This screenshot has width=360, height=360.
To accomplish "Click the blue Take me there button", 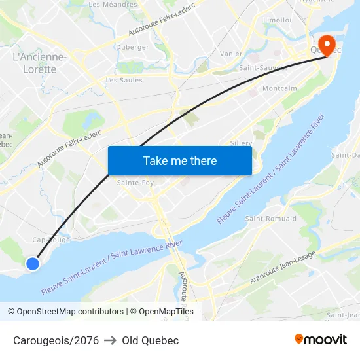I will (x=179, y=160).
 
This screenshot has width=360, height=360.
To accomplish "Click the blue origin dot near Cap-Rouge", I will (x=33, y=263).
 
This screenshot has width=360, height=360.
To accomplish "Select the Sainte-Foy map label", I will (x=135, y=183).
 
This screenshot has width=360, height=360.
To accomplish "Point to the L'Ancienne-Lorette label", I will (x=39, y=63).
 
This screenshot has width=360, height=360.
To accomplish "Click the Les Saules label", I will (x=124, y=81).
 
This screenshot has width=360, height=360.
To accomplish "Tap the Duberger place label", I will (x=132, y=47).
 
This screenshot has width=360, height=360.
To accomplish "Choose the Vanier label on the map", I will (x=232, y=54).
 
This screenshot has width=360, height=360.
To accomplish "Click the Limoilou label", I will (x=278, y=20).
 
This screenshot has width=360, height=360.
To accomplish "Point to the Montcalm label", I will (x=279, y=88).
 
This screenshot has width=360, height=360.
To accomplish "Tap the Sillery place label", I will (x=242, y=143).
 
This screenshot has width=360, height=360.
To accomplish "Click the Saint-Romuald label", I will (x=271, y=219).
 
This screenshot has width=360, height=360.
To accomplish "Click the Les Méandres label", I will (x=113, y=4).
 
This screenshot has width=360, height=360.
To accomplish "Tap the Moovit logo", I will (x=321, y=339).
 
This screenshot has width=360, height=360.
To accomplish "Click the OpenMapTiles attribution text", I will (x=162, y=312).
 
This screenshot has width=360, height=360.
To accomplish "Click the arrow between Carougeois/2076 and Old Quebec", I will (x=110, y=340).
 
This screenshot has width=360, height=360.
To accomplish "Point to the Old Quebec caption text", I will (x=150, y=340).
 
